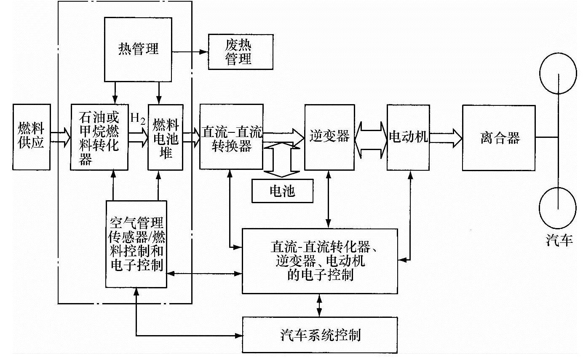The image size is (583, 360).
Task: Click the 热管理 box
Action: click(x=138, y=49)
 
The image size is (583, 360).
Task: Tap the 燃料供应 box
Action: click(x=32, y=137)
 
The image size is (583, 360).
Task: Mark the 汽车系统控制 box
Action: click(x=320, y=335)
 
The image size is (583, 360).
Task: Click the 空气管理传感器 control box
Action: click(x=136, y=244)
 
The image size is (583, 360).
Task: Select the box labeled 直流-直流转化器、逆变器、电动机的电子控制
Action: click(x=320, y=261)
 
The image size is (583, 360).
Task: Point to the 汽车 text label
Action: click(x=559, y=240)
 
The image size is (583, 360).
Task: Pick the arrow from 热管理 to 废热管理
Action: click(x=190, y=52)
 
